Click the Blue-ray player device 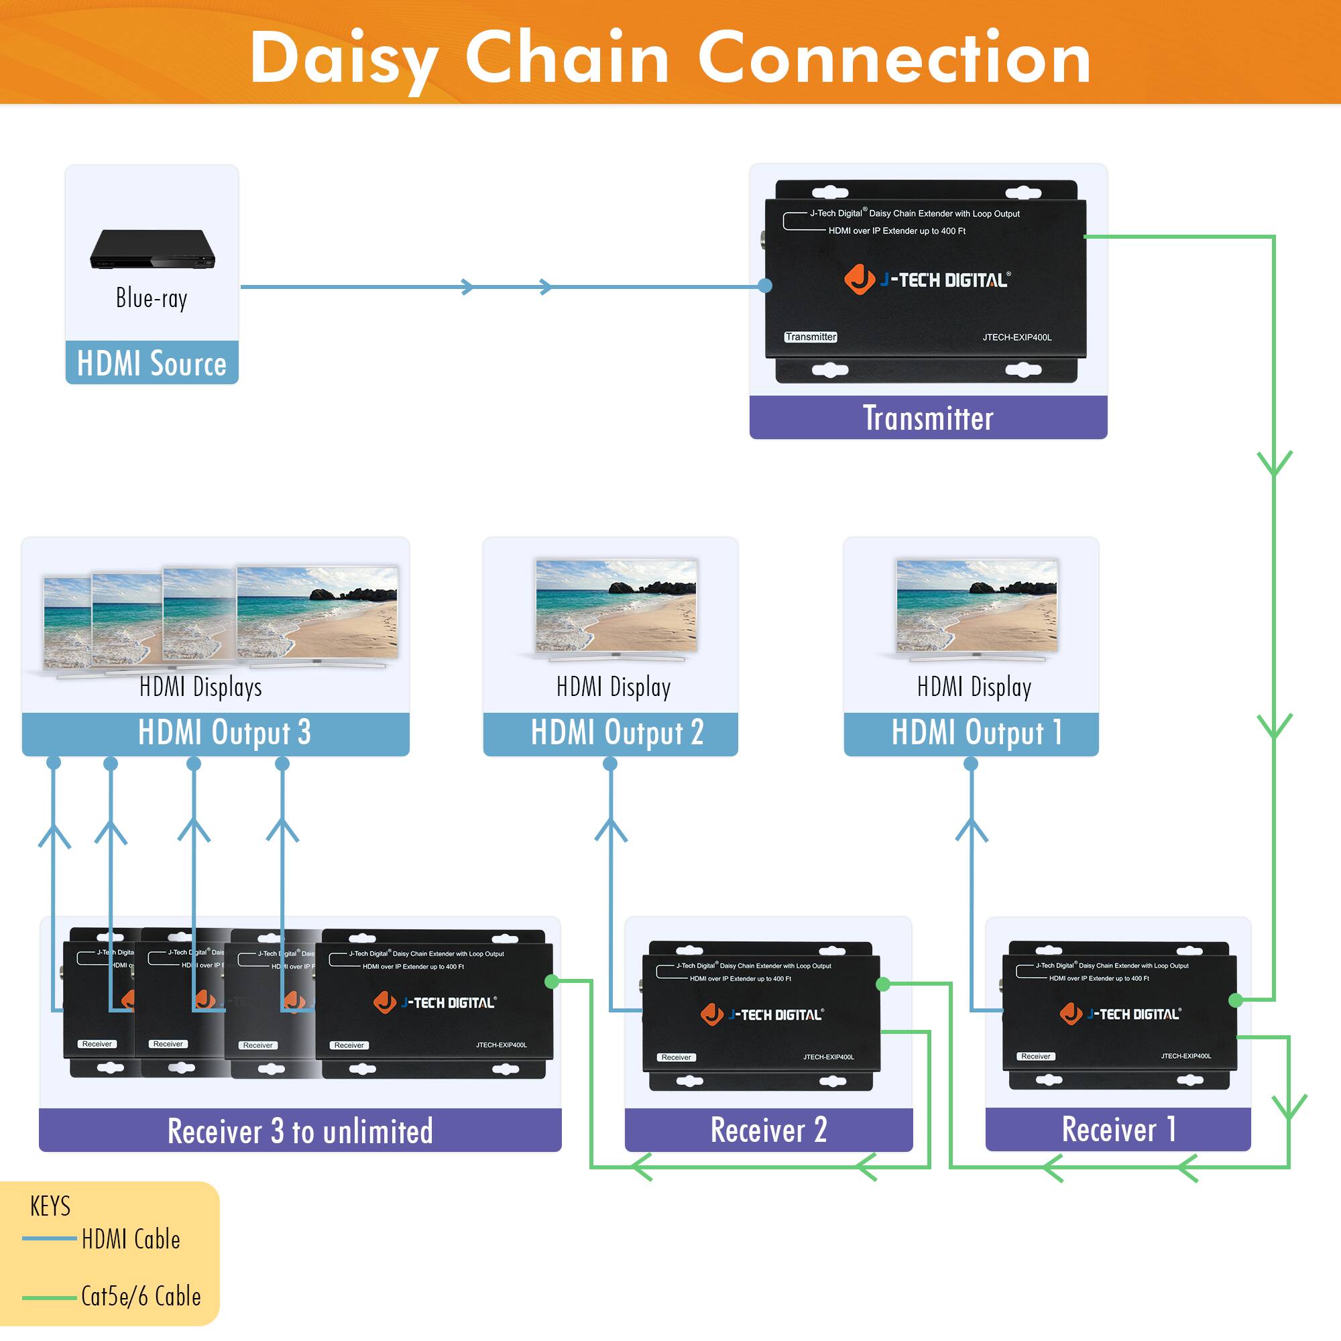coord(152,249)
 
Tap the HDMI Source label coord(152,363)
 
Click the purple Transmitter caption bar coord(928,418)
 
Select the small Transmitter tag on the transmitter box coord(811,337)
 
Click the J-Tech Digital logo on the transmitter coord(927,280)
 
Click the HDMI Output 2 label coord(616,733)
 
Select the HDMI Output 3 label coord(223,733)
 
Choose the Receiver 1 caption coord(1118,1129)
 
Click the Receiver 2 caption coord(768,1130)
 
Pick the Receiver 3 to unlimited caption coord(300,1131)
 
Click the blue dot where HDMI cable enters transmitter coord(765,285)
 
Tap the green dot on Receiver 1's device coord(1236,1000)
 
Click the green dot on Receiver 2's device coord(883,984)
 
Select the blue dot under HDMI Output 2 coord(610,764)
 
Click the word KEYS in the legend coord(50,1206)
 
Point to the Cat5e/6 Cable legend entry coord(140,1297)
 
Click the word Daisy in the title coord(343,59)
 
